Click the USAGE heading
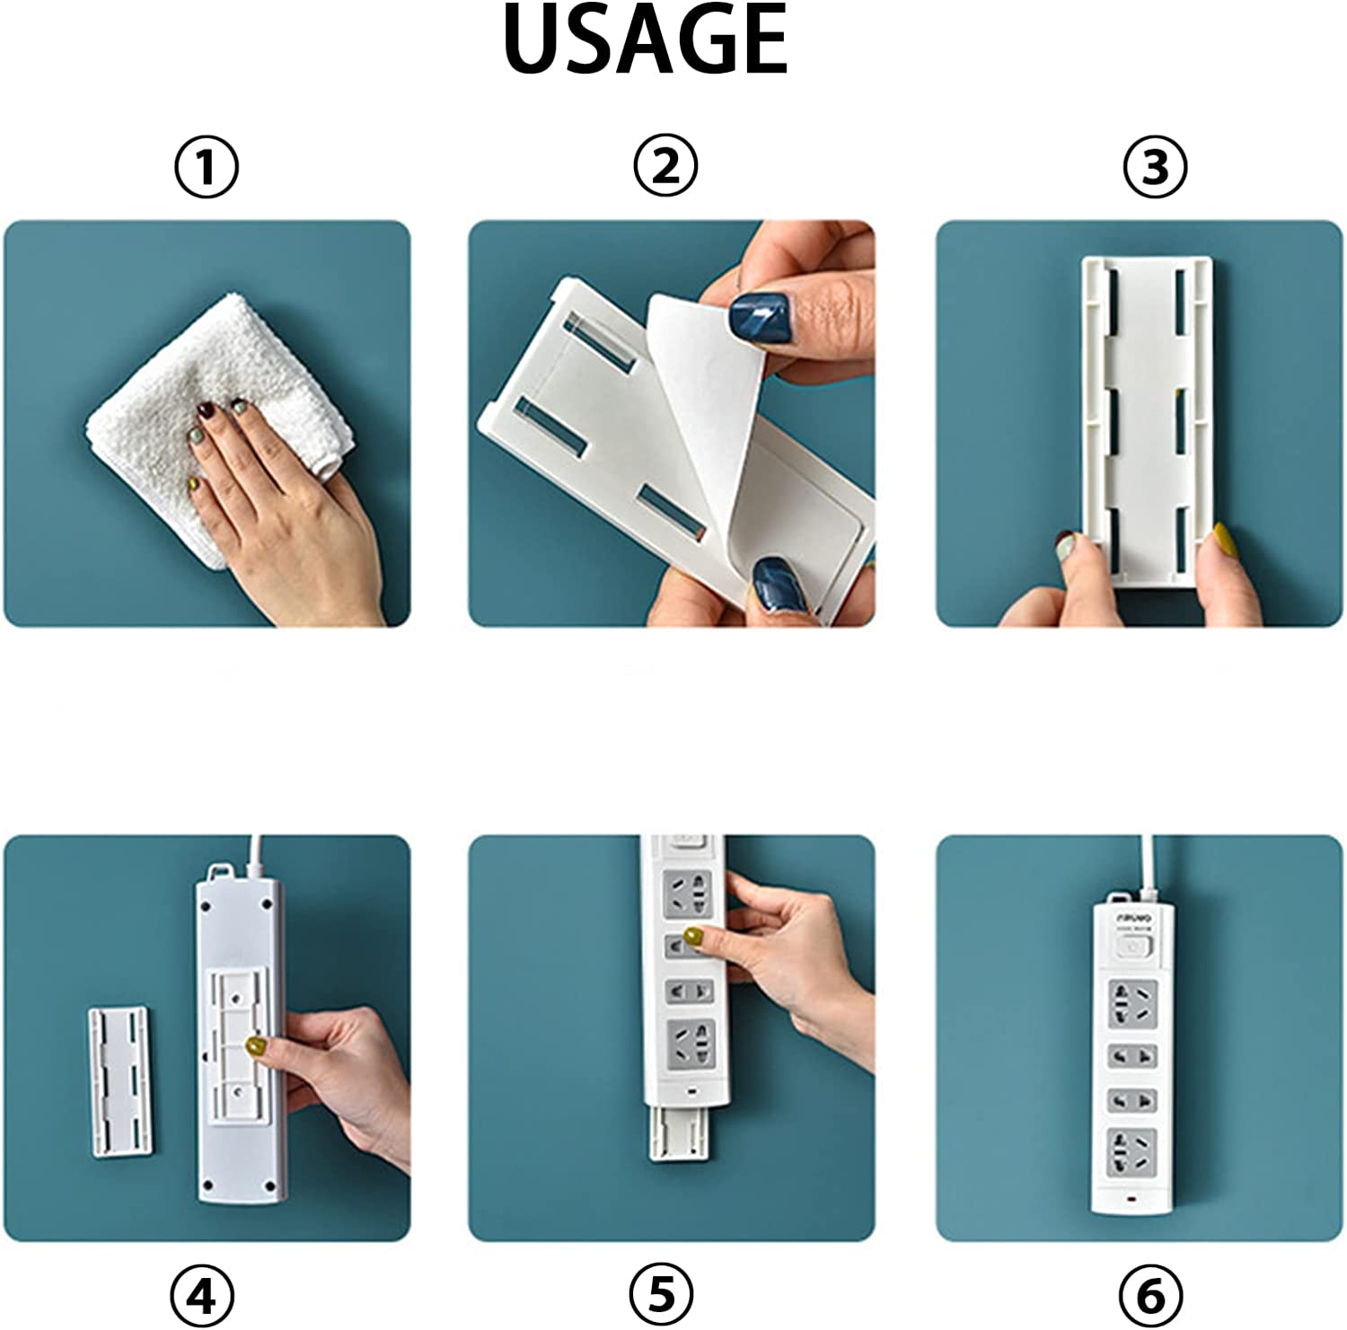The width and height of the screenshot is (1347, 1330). point(646,40)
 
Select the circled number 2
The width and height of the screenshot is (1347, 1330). point(665,166)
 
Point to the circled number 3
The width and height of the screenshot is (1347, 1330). point(1155,168)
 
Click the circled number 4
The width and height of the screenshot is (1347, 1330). point(202,1297)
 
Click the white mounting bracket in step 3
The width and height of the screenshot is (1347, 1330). point(1148,418)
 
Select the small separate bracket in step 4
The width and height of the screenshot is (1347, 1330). point(120,1081)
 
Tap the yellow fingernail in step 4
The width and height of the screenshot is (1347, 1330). point(256,1045)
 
